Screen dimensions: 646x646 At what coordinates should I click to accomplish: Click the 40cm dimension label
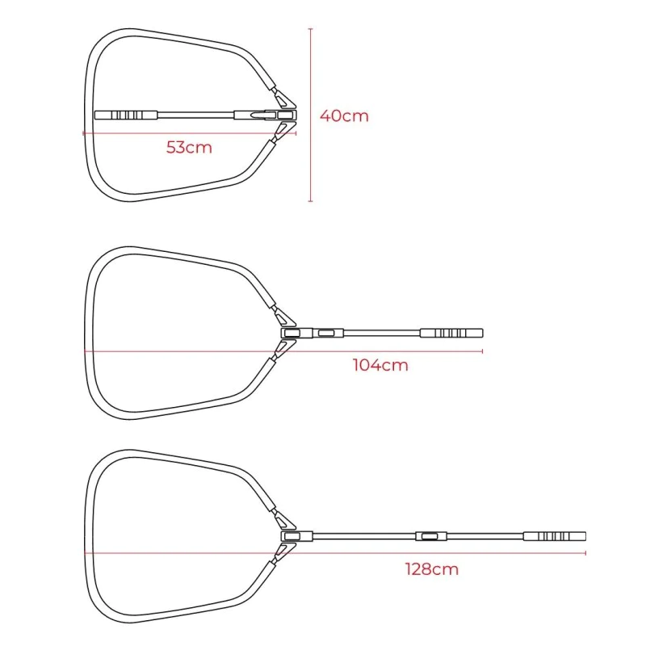[x=344, y=115]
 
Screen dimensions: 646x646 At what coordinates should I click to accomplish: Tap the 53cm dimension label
[x=189, y=147]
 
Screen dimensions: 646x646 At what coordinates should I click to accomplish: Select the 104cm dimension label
[x=380, y=365]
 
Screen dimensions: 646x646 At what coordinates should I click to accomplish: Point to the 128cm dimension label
[x=432, y=569]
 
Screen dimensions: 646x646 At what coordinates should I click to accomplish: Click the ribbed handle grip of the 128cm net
[x=555, y=536]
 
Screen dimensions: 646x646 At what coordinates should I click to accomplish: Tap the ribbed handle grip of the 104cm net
[x=451, y=333]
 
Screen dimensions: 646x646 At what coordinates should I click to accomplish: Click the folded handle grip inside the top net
[x=126, y=115]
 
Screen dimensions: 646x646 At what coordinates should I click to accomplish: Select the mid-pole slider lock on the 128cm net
[x=431, y=536]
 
